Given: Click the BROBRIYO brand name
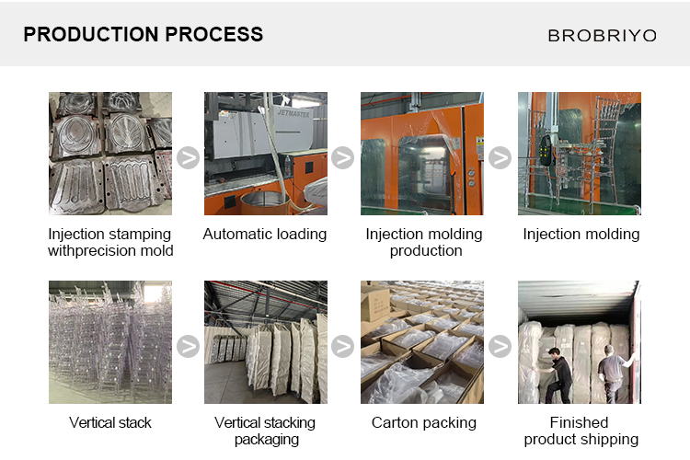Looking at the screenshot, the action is point(602,36).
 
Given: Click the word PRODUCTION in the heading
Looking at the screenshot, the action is point(91,34).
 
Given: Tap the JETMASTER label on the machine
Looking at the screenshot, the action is point(293,113).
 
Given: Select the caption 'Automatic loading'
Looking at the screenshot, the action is point(265,235).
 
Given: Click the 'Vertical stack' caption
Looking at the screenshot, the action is point(110,422).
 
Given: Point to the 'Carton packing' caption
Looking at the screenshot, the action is point(424,422).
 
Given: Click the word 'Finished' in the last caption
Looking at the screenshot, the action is point(579,422).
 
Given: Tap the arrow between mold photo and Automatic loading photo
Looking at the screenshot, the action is point(188,157).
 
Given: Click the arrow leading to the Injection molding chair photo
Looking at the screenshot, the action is point(500,157).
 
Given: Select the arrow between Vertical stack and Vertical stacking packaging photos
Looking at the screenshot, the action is point(188,347).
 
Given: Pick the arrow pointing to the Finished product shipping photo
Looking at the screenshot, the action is point(500,347).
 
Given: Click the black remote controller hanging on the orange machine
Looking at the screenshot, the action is point(546,150).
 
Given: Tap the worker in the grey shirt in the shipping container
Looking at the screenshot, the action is point(615,374).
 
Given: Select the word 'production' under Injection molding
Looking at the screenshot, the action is point(426,251).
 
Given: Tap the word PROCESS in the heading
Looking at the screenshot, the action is point(213,34).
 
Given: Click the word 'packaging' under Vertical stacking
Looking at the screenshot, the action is point(267,440).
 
